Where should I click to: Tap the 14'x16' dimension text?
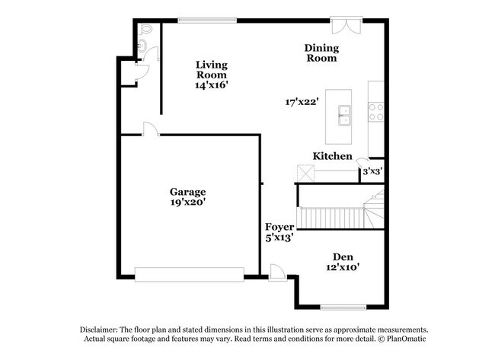tap(212, 85)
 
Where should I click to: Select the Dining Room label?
tap(322, 53)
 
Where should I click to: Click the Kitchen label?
tap(333, 156)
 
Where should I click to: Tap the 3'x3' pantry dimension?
tap(372, 171)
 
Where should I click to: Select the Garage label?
tap(187, 192)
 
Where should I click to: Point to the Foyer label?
tap(279, 226)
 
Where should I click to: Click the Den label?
tap(342, 256)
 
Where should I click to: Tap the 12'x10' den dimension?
tap(342, 267)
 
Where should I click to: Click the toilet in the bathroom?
tap(148, 31)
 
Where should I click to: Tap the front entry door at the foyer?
tap(277, 272)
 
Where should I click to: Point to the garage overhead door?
tap(189, 272)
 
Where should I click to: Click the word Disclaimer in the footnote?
tap(101, 329)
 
